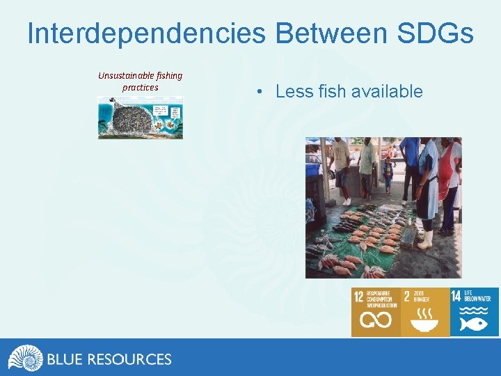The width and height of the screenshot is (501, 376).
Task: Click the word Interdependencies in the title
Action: (147, 33)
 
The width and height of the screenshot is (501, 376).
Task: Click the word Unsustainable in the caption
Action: (125, 75)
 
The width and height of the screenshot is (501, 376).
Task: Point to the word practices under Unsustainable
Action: (140, 87)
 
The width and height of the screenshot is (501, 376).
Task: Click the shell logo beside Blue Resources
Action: (25, 359)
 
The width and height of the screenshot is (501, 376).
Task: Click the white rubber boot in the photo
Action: (426, 240)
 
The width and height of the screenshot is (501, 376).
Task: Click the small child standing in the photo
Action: (388, 174)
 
